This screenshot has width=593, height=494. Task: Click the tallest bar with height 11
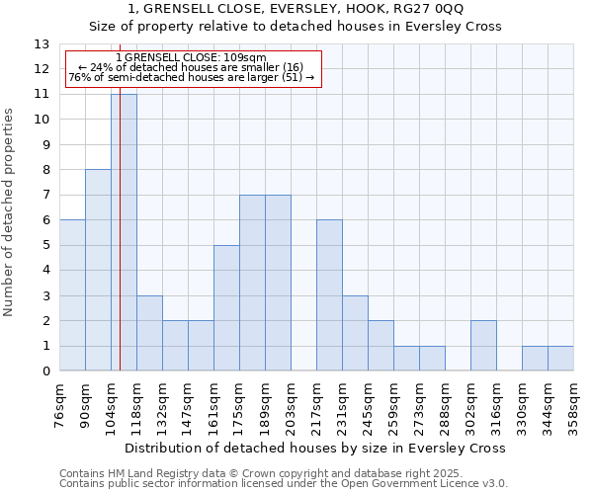tap(124, 232)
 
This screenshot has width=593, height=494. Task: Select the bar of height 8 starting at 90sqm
tap(98, 270)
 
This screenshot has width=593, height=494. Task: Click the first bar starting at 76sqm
tap(72, 295)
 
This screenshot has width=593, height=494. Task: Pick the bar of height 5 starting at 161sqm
tap(226, 308)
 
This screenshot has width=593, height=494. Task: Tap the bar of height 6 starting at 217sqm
tap(329, 295)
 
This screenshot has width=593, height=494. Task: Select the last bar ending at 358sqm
tap(560, 359)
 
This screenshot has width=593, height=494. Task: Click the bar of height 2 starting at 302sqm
tap(483, 346)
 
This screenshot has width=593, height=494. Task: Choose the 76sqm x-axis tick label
tap(60, 403)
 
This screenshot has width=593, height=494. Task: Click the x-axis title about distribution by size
tap(315, 448)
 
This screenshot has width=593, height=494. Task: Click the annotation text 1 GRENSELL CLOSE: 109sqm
tap(192, 57)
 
